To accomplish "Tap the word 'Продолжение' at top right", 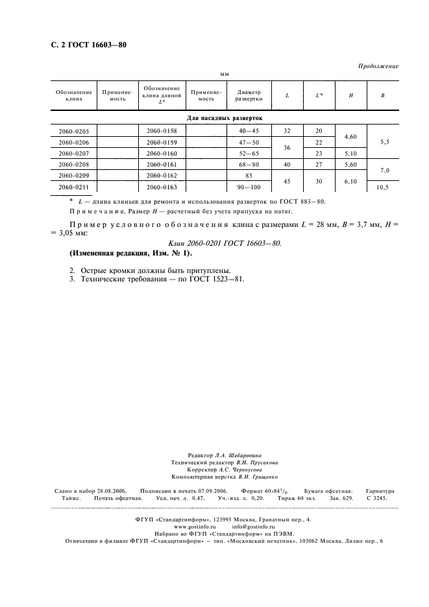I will tap(378, 66).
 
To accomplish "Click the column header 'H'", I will tap(350, 96).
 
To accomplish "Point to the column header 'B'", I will tap(382, 96).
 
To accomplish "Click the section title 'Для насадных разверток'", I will tap(225, 119).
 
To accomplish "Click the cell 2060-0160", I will tap(162, 154).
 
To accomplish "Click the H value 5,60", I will tap(350, 165).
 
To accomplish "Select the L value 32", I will tap(287, 131).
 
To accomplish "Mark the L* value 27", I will tap(319, 165).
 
